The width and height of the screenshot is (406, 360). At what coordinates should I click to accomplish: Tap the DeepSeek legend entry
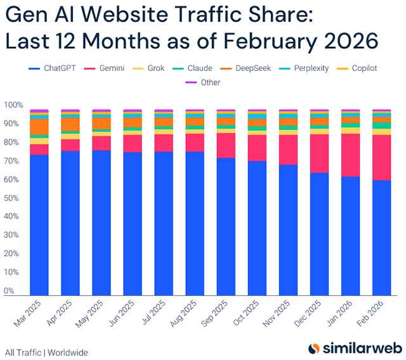[x=250, y=68]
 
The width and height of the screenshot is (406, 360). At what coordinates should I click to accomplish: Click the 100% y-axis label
[x=13, y=105]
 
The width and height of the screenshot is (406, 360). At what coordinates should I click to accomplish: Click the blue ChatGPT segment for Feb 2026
[x=381, y=238]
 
